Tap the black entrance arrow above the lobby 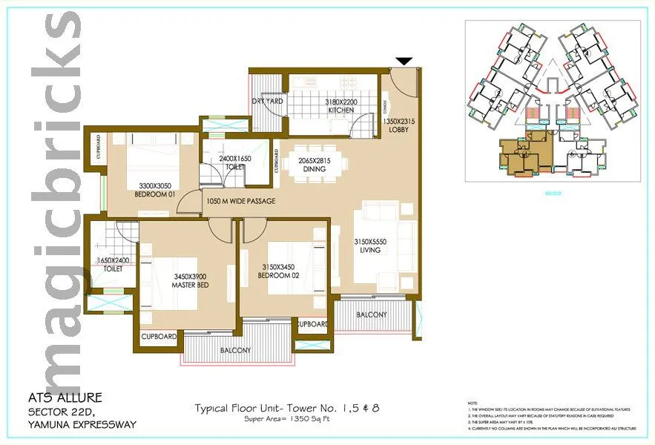[403, 62]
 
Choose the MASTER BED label [189, 284]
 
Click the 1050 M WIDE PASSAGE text [242, 202]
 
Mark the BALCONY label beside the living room [371, 314]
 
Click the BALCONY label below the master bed [234, 350]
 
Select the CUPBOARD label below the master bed [159, 337]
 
